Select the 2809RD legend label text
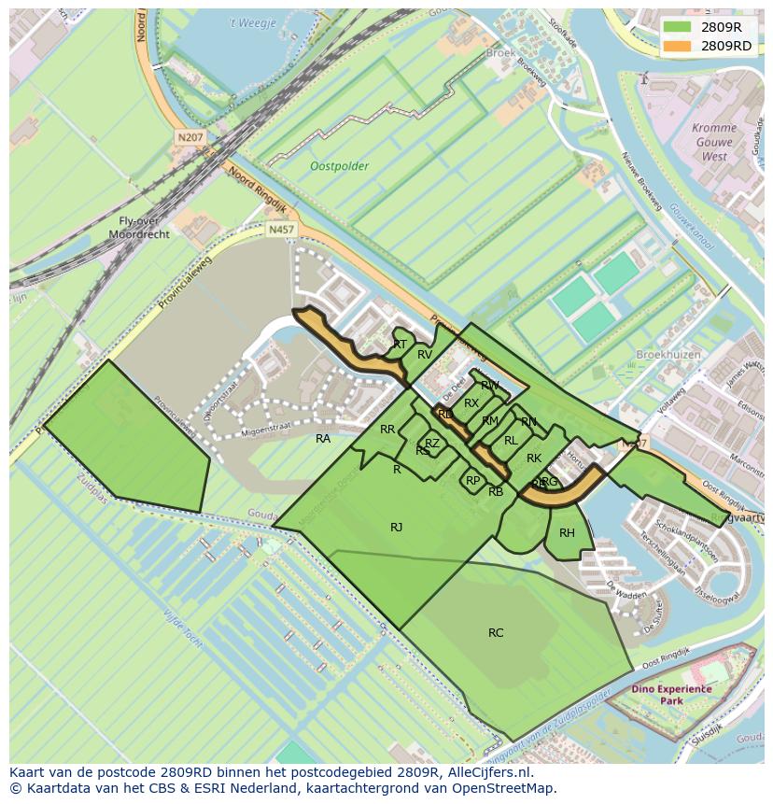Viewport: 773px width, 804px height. [x=726, y=45]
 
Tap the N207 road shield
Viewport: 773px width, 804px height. [x=190, y=137]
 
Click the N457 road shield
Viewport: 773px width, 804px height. [x=279, y=229]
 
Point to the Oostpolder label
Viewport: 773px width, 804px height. [x=339, y=166]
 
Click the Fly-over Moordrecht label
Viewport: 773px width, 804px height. [x=138, y=228]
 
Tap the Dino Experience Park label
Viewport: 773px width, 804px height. [x=670, y=695]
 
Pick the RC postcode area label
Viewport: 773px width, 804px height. [x=496, y=633]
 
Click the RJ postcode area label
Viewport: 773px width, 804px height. [x=397, y=528]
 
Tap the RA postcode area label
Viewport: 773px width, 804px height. [x=323, y=439]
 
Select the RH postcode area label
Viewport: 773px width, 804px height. [x=567, y=533]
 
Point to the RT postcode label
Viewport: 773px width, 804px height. [x=400, y=345]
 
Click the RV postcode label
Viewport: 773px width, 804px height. [x=425, y=355]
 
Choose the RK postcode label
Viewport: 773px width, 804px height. [x=534, y=458]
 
